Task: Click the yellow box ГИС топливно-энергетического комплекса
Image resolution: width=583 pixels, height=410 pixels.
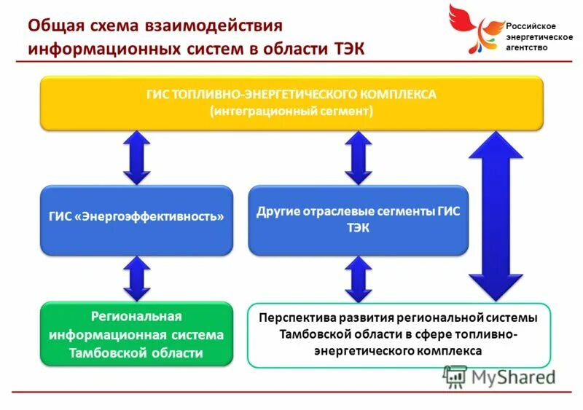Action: click(291, 103)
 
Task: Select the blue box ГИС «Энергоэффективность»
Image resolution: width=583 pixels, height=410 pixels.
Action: click(136, 219)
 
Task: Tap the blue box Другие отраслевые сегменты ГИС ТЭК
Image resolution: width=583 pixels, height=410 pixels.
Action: click(359, 219)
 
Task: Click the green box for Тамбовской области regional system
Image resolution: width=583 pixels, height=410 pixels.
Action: click(136, 334)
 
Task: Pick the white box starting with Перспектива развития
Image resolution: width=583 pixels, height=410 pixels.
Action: click(399, 334)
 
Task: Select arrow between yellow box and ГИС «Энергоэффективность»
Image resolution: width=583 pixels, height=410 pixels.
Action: click(136, 157)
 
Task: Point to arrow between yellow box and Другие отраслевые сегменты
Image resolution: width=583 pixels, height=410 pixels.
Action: click(358, 157)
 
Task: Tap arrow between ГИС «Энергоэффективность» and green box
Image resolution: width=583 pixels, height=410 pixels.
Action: click(136, 279)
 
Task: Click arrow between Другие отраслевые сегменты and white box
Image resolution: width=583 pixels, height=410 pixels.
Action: click(358, 279)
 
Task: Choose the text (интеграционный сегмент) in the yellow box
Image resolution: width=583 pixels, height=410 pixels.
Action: click(291, 111)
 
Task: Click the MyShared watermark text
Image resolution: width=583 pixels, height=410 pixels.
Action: click(512, 377)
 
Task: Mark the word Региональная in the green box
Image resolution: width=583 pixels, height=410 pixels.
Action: click(136, 317)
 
